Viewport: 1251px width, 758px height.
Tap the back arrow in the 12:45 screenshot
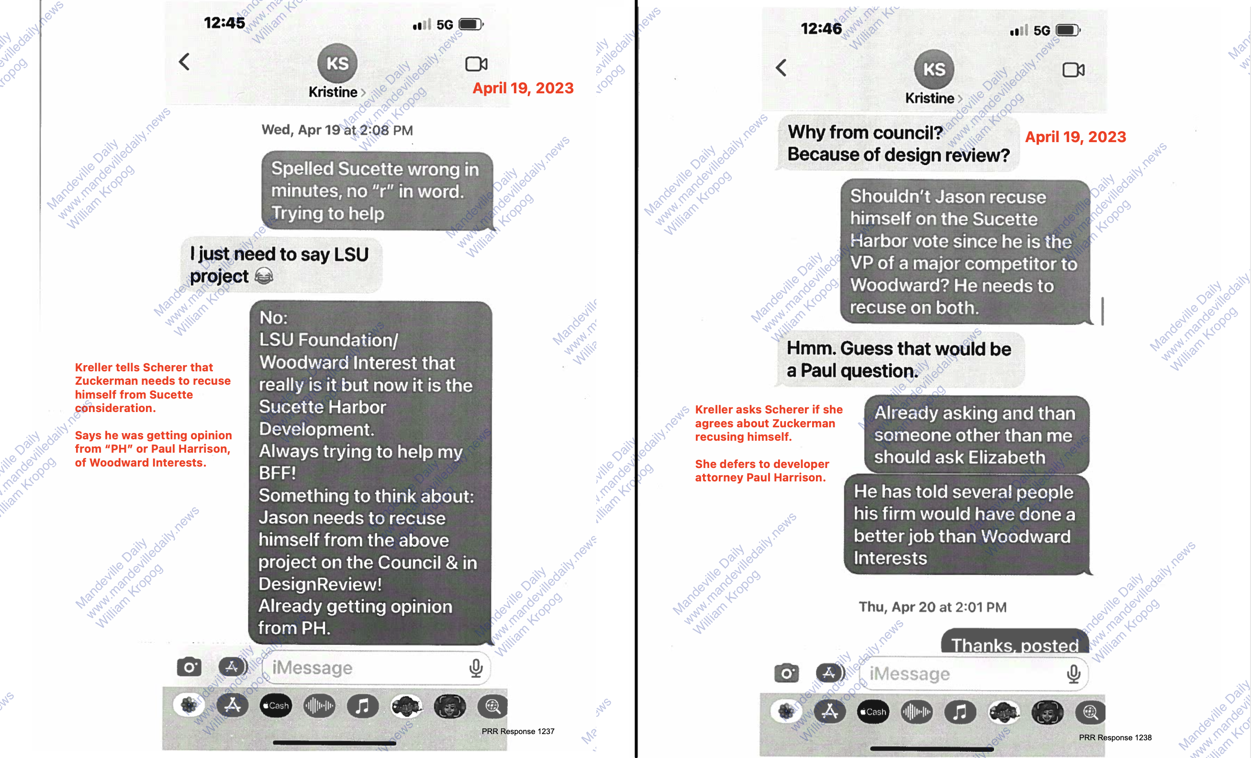coord(184,62)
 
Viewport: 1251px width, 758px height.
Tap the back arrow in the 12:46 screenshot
coord(782,67)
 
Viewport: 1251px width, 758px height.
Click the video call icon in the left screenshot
coord(476,64)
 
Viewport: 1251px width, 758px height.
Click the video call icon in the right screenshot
coord(1073,70)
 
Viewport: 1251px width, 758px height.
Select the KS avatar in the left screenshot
coord(337,64)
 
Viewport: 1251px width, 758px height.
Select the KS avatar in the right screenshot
coord(934,69)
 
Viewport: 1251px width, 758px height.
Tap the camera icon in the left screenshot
coord(190,667)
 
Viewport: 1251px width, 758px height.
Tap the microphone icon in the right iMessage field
coord(1073,674)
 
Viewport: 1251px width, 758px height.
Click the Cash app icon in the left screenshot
coord(276,705)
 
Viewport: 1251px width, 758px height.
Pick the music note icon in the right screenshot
coord(960,712)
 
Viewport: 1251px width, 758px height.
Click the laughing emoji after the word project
coord(264,277)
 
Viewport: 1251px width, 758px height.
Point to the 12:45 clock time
coord(224,23)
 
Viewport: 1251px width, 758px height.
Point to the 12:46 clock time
coord(821,29)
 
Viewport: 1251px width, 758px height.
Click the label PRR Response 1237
coord(518,731)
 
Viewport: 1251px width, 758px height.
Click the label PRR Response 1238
coord(1115,737)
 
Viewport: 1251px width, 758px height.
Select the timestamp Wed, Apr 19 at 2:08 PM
coord(337,130)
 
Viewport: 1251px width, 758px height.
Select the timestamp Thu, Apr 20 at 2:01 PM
coord(932,607)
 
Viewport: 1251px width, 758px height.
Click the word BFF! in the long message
coord(277,473)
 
